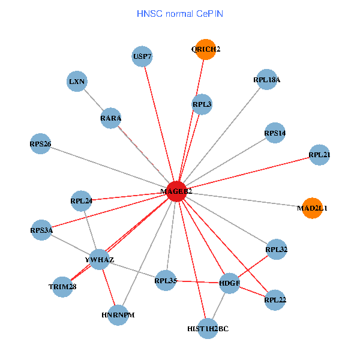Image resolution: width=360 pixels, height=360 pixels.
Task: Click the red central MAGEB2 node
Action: tap(176, 191)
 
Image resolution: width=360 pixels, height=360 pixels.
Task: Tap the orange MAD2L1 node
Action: tap(312, 208)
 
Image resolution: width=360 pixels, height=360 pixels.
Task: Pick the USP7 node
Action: tap(142, 57)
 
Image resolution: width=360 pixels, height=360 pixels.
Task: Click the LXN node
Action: tap(77, 81)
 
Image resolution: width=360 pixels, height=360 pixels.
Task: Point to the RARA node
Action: tap(111, 118)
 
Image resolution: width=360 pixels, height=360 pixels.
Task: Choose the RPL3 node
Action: tap(202, 104)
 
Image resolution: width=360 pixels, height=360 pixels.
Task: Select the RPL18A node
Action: tap(266, 79)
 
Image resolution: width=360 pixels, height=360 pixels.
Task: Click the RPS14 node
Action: tap(275, 133)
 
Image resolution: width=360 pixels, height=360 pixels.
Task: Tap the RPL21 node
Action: tap(319, 155)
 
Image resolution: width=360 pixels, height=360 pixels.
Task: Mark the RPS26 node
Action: tap(40, 144)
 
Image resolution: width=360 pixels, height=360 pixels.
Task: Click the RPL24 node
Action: tap(81, 200)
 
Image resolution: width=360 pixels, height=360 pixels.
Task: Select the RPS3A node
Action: tap(41, 230)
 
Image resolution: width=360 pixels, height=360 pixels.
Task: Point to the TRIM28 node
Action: tap(62, 287)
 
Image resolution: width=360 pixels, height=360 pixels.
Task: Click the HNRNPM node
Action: tap(118, 314)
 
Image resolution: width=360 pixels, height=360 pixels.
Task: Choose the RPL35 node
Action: tap(166, 280)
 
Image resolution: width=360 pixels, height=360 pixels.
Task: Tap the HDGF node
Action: tap(230, 282)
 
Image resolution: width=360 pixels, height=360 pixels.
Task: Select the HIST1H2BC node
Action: tap(208, 329)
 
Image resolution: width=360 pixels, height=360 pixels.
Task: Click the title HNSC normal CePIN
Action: tap(180, 13)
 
